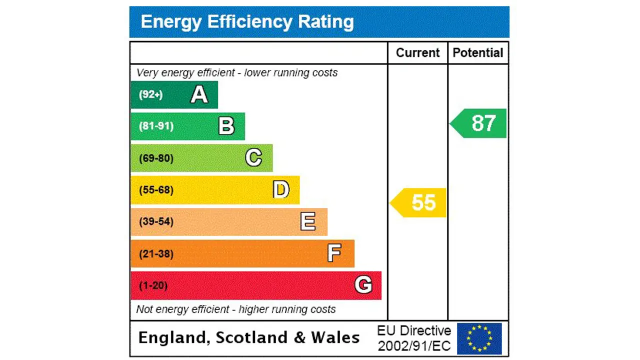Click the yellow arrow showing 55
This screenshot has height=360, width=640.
(419, 202)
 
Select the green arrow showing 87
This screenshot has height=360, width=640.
(479, 123)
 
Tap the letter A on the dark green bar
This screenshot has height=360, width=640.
(199, 94)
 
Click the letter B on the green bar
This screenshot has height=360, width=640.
(226, 126)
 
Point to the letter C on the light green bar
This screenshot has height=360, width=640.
(253, 158)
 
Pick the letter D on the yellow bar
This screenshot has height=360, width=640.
(281, 190)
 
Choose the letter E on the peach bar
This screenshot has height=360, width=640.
(308, 221)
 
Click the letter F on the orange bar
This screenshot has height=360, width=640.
(334, 253)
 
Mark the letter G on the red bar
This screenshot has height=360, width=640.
(363, 285)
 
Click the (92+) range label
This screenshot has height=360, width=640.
(150, 94)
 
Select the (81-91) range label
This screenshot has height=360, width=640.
(156, 126)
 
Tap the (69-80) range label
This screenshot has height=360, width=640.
(156, 158)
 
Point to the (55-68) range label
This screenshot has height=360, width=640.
(156, 190)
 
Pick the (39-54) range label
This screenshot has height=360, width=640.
(156, 221)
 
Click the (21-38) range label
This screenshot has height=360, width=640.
(156, 254)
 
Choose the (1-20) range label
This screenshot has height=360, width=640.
(153, 285)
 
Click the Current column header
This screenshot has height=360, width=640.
(417, 53)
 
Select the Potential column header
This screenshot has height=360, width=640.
(477, 53)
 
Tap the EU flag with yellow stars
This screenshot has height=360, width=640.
(479, 338)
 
